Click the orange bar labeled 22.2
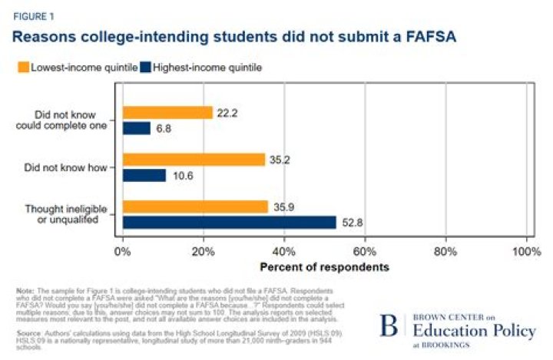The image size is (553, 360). pos(167,113)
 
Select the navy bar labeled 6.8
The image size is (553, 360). pos(136,128)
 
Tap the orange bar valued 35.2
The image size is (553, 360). pos(193,160)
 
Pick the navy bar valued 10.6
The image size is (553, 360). pos(144,175)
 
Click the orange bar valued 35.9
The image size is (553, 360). pos(194,206)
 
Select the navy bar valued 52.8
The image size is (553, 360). pos(229,223)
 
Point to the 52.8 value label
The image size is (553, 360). pos(350,223)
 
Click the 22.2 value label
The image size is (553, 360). pos(227,113)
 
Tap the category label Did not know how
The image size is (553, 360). pos(78,167)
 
